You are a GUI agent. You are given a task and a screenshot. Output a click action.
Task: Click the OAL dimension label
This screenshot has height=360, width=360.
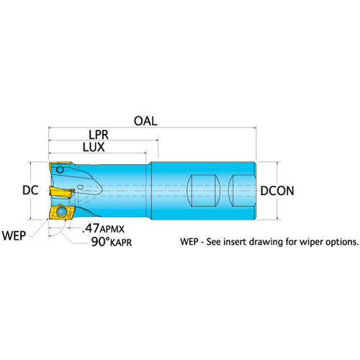tap(145, 121)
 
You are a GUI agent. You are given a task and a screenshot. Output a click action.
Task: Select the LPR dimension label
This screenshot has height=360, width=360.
tap(99, 135)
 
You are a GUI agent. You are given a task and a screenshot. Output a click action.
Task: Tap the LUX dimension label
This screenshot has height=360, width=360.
tap(94, 147)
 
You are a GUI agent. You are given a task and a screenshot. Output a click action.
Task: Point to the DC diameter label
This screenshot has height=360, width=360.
tap(30, 190)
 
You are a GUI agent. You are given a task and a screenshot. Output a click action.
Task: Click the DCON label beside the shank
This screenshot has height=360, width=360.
tap(277, 191)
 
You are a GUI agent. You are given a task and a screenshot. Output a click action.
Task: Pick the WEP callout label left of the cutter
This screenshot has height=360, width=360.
tap(14, 235)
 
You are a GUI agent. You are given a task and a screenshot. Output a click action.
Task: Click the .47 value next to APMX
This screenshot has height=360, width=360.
tap(91, 228)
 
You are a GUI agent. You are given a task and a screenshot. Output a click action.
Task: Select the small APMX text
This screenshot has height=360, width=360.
tap(112, 230)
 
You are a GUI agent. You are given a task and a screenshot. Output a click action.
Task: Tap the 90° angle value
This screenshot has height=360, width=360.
tap(100, 242)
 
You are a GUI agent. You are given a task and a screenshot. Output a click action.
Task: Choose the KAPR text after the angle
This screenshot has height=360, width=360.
tap(121, 243)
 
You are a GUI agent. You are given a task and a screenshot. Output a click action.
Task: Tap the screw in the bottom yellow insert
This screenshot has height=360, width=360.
tap(61, 212)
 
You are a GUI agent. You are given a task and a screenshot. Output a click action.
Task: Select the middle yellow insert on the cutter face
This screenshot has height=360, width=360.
tap(62, 192)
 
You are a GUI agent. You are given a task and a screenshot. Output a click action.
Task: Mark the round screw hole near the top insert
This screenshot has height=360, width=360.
tap(60, 170)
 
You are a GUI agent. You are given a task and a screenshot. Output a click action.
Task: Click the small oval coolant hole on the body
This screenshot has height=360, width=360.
tap(81, 186)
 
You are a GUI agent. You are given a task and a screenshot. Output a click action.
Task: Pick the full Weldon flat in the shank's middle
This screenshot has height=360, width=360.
tap(203, 191)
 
